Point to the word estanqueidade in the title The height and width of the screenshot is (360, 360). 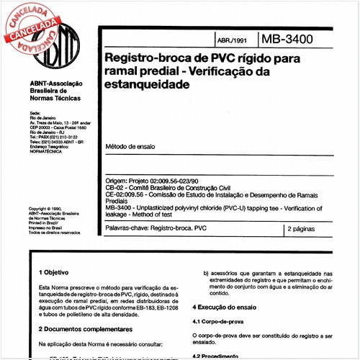[148, 84]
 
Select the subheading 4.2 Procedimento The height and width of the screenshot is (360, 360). [216, 356]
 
